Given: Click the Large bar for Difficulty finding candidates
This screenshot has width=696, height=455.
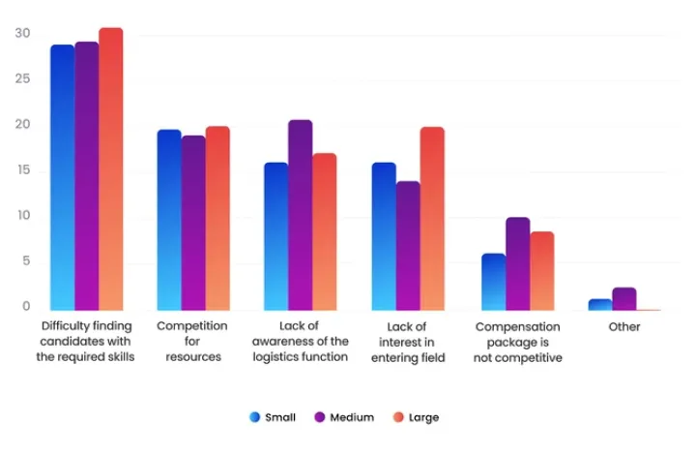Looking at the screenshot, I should [x=111, y=169].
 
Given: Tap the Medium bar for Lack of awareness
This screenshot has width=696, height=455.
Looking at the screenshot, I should [x=300, y=215].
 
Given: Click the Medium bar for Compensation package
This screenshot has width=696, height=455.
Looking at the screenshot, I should [x=517, y=263].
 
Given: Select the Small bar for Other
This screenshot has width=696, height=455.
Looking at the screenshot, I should [x=600, y=305].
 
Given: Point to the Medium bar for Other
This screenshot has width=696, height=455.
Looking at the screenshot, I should [x=624, y=299].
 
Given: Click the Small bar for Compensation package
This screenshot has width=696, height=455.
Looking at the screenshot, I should [x=494, y=282].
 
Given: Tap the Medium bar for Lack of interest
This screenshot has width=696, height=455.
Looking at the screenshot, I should [x=408, y=246].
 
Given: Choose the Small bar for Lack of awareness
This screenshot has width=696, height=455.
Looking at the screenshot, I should [x=276, y=236].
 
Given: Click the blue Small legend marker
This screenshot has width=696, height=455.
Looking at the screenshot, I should [x=255, y=417].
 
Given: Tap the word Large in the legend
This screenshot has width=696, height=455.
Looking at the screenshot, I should [x=423, y=417].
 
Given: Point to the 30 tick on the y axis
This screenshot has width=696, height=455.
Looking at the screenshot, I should [x=22, y=34].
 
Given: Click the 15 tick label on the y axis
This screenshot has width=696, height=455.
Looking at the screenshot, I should [x=22, y=170].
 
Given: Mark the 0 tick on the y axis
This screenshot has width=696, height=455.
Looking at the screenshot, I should [x=26, y=307].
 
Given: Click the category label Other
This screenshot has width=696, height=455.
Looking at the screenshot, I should [x=624, y=327].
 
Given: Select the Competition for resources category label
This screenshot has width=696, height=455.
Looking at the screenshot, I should [x=193, y=342].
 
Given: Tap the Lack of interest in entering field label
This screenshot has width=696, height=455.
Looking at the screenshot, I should [x=409, y=342].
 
